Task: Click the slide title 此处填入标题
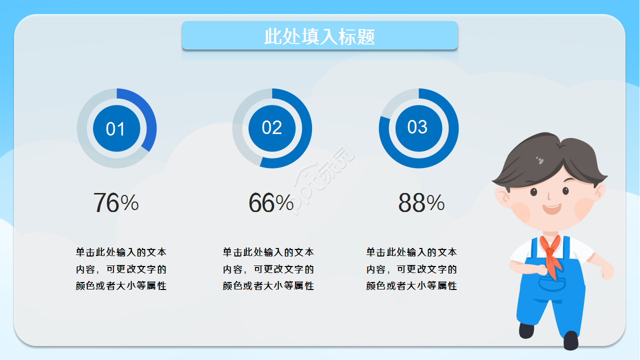pos(319,36)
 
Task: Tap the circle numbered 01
pos(116,129)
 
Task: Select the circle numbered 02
pos(272,128)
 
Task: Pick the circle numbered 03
pos(418,127)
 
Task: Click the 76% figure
pos(116,203)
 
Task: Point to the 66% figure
pos(271,203)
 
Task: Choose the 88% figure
pos(421,203)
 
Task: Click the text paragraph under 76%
pos(121,269)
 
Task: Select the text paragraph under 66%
pos(268,269)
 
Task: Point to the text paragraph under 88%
pos(411,269)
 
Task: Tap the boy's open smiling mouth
pos(551,208)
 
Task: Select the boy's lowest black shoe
pos(570,340)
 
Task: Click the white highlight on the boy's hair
pos(540,160)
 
